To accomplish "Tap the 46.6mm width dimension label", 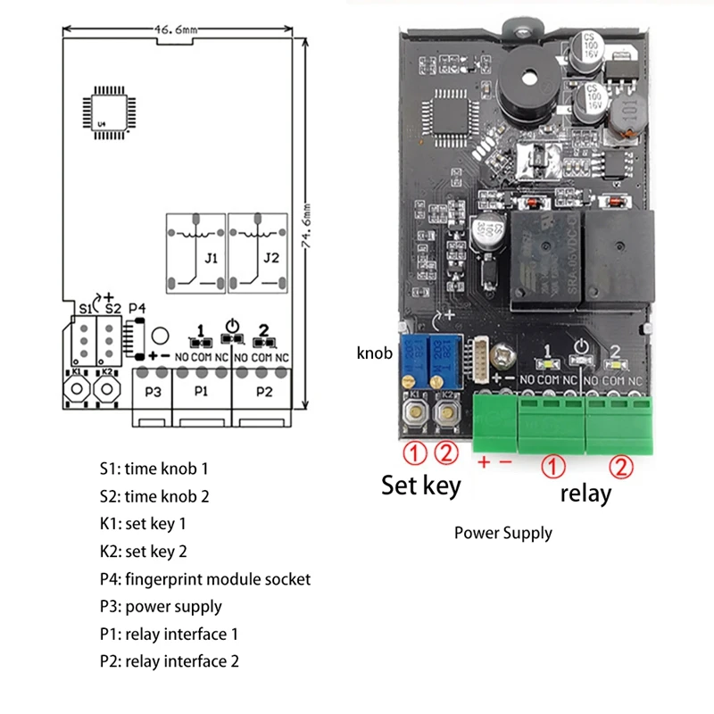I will (x=175, y=29).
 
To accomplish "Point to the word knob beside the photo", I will (x=374, y=353).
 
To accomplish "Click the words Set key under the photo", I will (x=421, y=486).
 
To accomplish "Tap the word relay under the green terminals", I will (x=585, y=493).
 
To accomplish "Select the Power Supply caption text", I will (x=503, y=534).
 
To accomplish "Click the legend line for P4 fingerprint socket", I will (x=205, y=579).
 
